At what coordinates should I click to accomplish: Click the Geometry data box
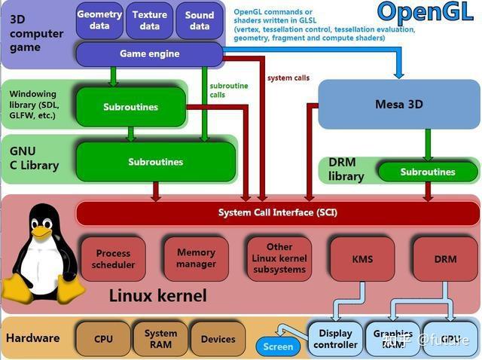point(99,20)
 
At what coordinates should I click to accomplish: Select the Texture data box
point(150,20)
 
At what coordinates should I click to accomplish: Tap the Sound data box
point(200,20)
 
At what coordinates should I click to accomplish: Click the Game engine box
point(148,54)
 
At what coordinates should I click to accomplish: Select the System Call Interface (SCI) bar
point(278,212)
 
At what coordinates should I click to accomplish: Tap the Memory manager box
point(196,258)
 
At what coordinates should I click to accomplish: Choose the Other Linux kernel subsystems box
point(279,258)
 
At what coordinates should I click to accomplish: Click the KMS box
point(362,259)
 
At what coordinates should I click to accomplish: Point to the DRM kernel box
point(445,259)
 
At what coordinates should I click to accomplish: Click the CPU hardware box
point(103,339)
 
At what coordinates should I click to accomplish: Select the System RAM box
point(160,339)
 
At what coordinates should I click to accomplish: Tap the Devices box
point(218,339)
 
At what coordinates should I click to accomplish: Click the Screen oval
point(278,347)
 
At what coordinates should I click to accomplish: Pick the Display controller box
point(335,339)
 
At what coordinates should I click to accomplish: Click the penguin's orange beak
point(41,233)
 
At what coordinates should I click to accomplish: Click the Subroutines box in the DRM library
point(427,172)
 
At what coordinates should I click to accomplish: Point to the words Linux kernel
point(157,295)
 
